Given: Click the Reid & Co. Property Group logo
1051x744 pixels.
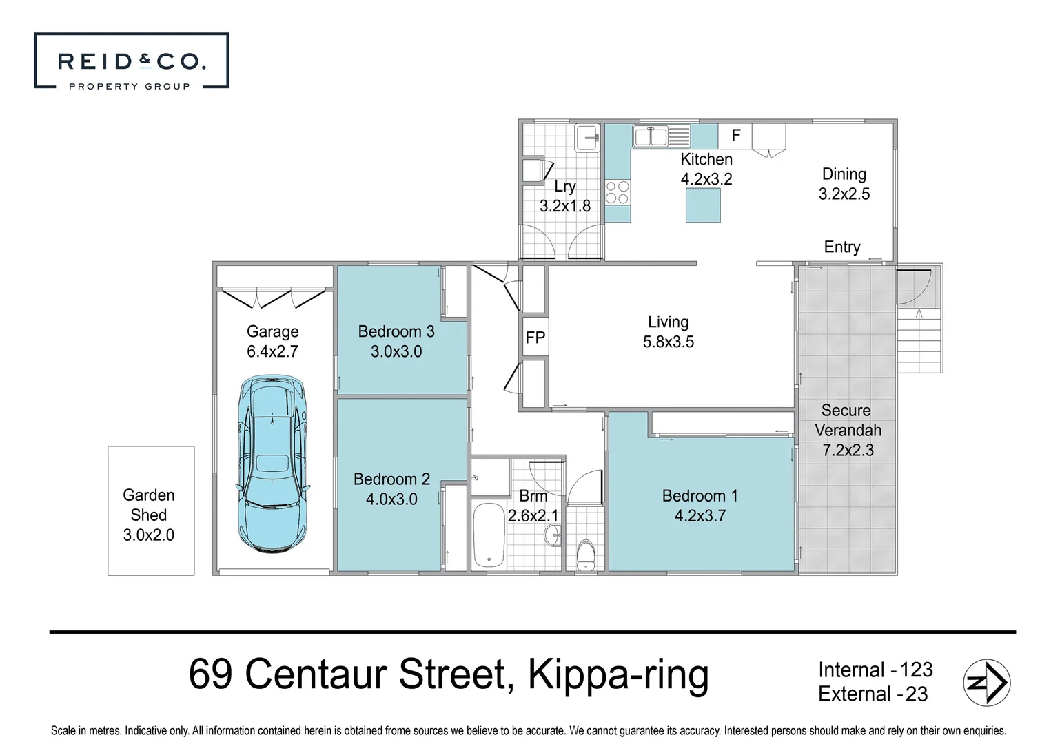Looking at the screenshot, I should tap(131, 61).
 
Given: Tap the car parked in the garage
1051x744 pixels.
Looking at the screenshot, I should tap(273, 464).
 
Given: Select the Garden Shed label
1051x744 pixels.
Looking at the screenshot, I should tap(148, 505).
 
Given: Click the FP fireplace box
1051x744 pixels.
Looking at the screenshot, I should tap(535, 338).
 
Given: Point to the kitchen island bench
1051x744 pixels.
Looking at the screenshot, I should tap(703, 205).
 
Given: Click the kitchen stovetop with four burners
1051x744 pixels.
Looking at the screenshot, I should tap(618, 192).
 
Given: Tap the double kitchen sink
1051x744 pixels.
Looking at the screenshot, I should tap(651, 136).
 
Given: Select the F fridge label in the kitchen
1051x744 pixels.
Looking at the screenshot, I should tap(735, 136).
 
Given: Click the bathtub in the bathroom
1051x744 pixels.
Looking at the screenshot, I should tap(489, 535).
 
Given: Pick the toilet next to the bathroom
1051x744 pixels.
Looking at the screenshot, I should tap(585, 555).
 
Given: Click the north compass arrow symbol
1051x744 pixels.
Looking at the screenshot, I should tap(986, 683).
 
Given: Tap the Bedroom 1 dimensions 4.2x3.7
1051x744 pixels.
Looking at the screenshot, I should tap(700, 516).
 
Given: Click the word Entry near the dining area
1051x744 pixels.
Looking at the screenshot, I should tap(841, 247).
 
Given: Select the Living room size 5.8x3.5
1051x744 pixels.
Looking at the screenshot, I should tap(668, 342).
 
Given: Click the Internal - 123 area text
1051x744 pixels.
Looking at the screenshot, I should tap(875, 670).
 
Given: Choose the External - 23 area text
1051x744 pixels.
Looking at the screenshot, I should tap(873, 694).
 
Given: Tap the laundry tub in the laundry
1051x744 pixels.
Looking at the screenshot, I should tap(586, 137).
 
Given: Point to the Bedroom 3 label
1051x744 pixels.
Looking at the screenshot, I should tap(396, 331).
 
